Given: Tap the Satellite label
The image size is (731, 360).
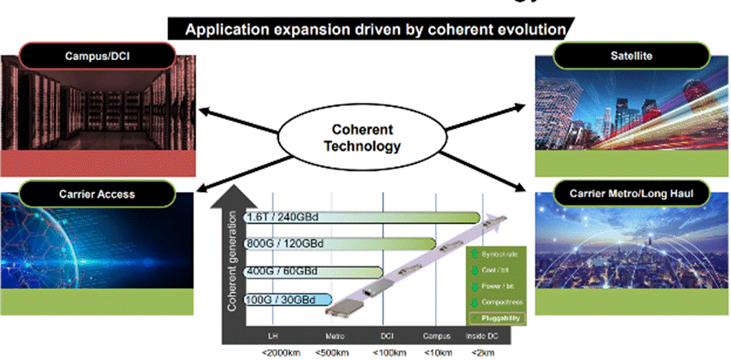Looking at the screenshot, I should [631, 55].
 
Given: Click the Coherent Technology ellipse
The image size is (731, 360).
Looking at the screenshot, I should [362, 137].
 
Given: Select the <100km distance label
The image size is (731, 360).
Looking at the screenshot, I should [386, 352].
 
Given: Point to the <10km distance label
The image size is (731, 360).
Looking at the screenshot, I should [437, 352].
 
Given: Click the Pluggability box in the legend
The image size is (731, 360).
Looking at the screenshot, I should [496, 318].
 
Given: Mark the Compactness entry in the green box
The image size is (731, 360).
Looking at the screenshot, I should [499, 301].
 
